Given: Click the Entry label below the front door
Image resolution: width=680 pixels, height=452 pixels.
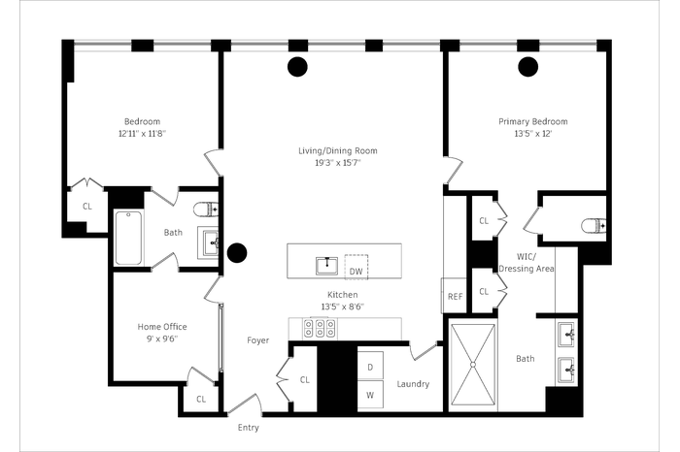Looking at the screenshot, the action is click(x=248, y=428).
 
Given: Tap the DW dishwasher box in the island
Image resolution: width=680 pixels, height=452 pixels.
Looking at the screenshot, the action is click(x=357, y=267).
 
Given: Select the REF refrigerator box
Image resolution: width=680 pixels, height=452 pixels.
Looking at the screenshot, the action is click(x=454, y=296).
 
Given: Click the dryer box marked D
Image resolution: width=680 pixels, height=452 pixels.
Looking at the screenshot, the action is click(x=370, y=366).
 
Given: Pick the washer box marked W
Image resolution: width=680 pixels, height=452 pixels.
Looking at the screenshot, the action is click(x=370, y=395).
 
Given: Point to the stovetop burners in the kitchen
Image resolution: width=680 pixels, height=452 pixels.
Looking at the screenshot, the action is click(x=320, y=328).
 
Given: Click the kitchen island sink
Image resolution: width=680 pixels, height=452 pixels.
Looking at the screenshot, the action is click(x=326, y=266).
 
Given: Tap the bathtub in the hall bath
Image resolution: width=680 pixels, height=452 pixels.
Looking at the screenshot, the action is click(x=128, y=238).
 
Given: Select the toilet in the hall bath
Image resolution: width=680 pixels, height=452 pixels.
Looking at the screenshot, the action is click(x=206, y=210).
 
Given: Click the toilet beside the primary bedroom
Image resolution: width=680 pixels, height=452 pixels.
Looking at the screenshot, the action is click(x=595, y=226).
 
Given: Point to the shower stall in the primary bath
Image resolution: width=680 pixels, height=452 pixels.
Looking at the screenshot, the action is click(x=473, y=364).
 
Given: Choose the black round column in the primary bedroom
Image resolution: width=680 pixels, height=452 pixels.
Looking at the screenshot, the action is click(x=528, y=67).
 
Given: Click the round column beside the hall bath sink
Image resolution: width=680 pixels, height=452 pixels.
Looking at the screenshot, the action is click(x=237, y=253).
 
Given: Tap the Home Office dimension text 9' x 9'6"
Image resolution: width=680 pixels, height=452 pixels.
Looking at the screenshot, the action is click(x=162, y=339).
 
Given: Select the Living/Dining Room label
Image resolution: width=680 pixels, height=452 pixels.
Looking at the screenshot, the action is click(x=338, y=150).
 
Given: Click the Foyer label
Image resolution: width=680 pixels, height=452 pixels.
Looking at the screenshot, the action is click(x=258, y=340).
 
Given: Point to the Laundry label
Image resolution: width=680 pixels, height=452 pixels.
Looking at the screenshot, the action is click(x=413, y=384).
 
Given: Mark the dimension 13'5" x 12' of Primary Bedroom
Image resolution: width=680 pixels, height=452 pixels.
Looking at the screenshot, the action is click(x=533, y=133).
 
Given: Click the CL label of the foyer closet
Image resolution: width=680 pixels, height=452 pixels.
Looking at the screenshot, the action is click(x=305, y=379).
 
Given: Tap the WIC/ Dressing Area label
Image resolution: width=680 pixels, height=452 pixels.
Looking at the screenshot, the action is click(x=527, y=262).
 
